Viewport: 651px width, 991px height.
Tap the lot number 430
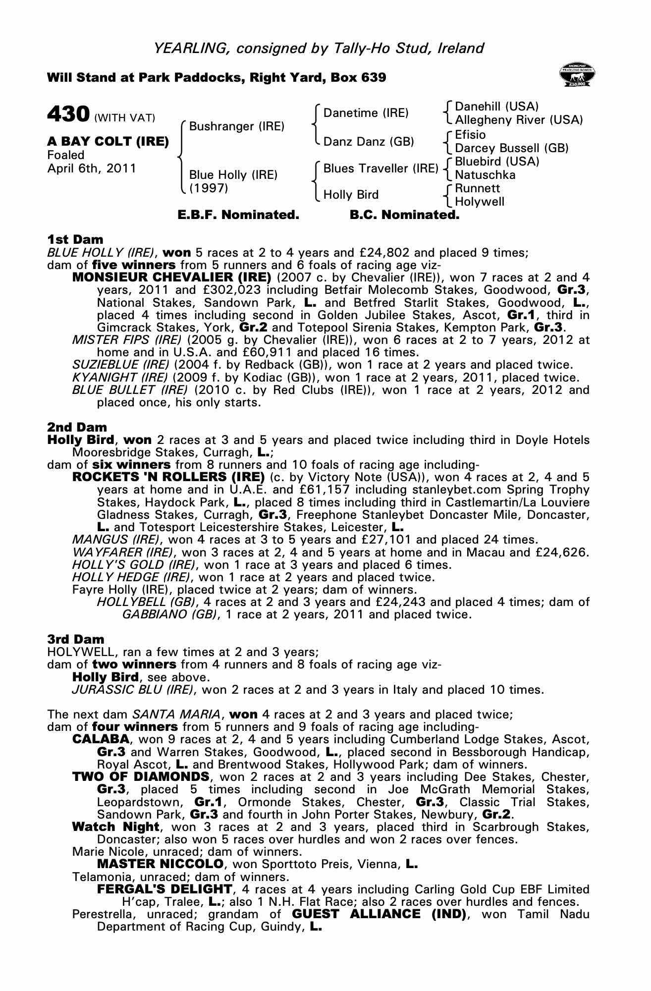[x=68, y=114]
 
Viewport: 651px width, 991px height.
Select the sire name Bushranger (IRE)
[x=237, y=126]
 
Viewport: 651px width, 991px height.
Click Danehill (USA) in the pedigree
[x=496, y=107]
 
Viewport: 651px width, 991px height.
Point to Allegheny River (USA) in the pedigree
[x=519, y=120]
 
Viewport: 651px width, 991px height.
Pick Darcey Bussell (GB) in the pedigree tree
[x=511, y=148]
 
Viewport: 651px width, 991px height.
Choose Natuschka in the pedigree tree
[x=485, y=175]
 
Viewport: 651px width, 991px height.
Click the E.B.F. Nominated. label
[x=238, y=215]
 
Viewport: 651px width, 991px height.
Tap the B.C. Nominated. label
[x=404, y=215]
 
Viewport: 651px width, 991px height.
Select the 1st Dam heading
[x=75, y=240]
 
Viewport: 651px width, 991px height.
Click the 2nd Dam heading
[x=77, y=427]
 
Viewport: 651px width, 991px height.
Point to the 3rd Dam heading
[x=76, y=639]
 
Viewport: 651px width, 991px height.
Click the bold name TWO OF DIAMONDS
[x=141, y=776]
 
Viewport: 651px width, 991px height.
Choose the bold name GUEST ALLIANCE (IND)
[x=379, y=914]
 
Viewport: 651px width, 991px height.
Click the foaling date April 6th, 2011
[x=92, y=168]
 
